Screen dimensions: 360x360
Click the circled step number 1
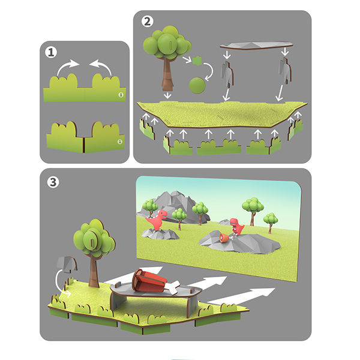point(51,52)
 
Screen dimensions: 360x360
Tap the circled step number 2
point(147,22)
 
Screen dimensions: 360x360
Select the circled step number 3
point(53,182)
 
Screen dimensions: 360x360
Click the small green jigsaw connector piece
point(197,61)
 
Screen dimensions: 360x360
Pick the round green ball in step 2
point(197,85)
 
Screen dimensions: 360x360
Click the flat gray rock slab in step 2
point(256,45)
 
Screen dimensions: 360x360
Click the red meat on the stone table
point(149,281)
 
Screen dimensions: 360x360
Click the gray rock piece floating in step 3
point(67,264)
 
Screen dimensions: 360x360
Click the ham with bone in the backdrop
point(226,238)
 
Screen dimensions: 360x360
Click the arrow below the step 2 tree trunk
point(167,95)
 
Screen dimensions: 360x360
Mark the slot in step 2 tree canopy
point(170,46)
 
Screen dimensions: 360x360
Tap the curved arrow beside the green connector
point(209,71)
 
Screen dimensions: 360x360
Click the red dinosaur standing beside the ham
point(237,227)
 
